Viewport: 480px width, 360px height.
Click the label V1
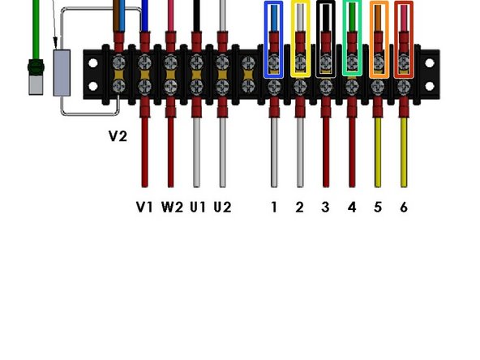pos(144,207)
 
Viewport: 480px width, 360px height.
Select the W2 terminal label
pos(172,207)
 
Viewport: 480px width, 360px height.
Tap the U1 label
pos(198,207)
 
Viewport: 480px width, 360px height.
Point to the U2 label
pos(223,207)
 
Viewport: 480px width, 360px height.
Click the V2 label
pos(118,136)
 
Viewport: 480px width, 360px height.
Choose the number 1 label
pos(274,207)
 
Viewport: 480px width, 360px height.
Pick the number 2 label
pos(299,207)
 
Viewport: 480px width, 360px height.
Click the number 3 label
pos(325,207)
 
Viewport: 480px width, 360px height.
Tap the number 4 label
pos(351,207)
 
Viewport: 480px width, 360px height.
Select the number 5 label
pos(377,207)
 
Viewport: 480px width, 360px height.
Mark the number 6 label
pos(403,207)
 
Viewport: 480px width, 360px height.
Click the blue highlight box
pos(274,39)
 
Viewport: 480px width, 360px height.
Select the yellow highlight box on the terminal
pos(300,39)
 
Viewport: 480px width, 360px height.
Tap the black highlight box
pos(326,39)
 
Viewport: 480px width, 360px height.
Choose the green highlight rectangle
pos(352,39)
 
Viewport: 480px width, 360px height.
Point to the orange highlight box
pos(378,39)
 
